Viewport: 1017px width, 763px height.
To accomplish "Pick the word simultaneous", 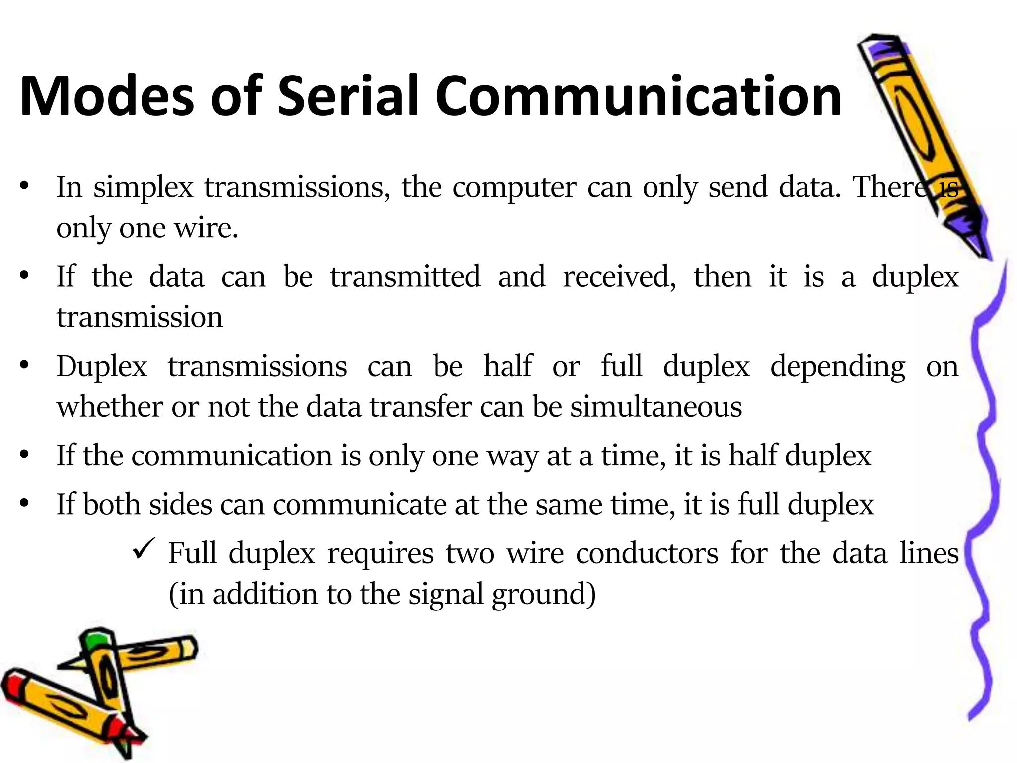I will [x=655, y=407].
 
